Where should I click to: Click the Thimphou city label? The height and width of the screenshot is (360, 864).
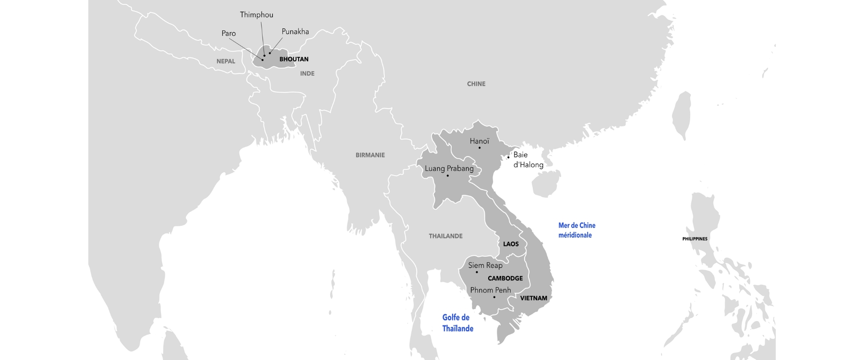[x=256, y=15]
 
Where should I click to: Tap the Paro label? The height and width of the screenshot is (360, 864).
[x=228, y=33]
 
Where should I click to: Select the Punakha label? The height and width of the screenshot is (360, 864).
[x=295, y=32]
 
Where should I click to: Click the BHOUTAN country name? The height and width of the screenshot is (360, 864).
[x=294, y=59]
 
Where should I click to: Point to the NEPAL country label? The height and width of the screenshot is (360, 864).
[x=226, y=61]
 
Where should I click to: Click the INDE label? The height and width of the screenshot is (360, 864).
[x=307, y=73]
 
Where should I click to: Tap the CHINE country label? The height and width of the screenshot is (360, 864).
[x=476, y=84]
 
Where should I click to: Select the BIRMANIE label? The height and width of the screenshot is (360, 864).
[x=370, y=155]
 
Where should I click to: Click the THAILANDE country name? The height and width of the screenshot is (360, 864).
[x=445, y=236]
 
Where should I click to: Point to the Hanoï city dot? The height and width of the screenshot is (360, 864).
[x=480, y=148]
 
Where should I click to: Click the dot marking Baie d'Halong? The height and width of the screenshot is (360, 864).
[x=508, y=157]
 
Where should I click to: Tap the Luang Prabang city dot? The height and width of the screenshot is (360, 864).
[x=447, y=176]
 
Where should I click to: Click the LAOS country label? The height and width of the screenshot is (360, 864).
[x=511, y=244]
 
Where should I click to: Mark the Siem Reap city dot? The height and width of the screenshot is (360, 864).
[x=477, y=272]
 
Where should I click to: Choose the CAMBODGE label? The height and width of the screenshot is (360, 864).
[x=505, y=278]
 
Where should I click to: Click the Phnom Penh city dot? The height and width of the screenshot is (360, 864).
[x=494, y=297]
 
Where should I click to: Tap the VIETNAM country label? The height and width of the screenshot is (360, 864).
[x=533, y=298]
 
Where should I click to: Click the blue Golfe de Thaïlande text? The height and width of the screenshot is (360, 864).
[x=457, y=323]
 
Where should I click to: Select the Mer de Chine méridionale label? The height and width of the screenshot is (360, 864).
[x=576, y=230]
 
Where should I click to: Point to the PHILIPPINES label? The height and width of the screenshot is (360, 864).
[x=695, y=239]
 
